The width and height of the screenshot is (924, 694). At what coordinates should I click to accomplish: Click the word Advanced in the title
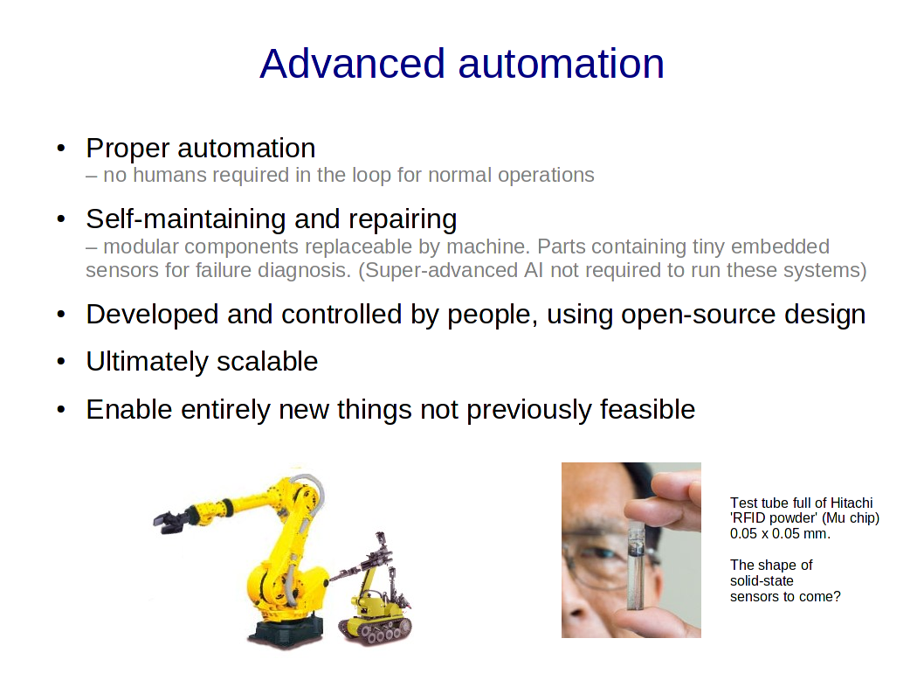point(352,64)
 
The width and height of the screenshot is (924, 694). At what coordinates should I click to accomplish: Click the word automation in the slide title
point(561,64)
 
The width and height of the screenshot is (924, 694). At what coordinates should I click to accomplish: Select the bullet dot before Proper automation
point(60,148)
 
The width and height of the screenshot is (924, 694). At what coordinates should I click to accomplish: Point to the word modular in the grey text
point(141,246)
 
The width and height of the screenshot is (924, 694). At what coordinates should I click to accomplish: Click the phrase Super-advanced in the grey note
point(441,270)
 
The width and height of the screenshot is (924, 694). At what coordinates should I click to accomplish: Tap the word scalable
point(267,362)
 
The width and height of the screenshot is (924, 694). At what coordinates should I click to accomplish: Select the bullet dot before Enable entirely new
point(60,409)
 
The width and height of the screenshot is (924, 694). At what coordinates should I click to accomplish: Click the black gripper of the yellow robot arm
point(171,522)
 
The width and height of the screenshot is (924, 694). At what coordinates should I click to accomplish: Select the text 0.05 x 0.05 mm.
point(780,534)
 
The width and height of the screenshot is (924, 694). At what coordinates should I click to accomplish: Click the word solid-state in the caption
point(762,580)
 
